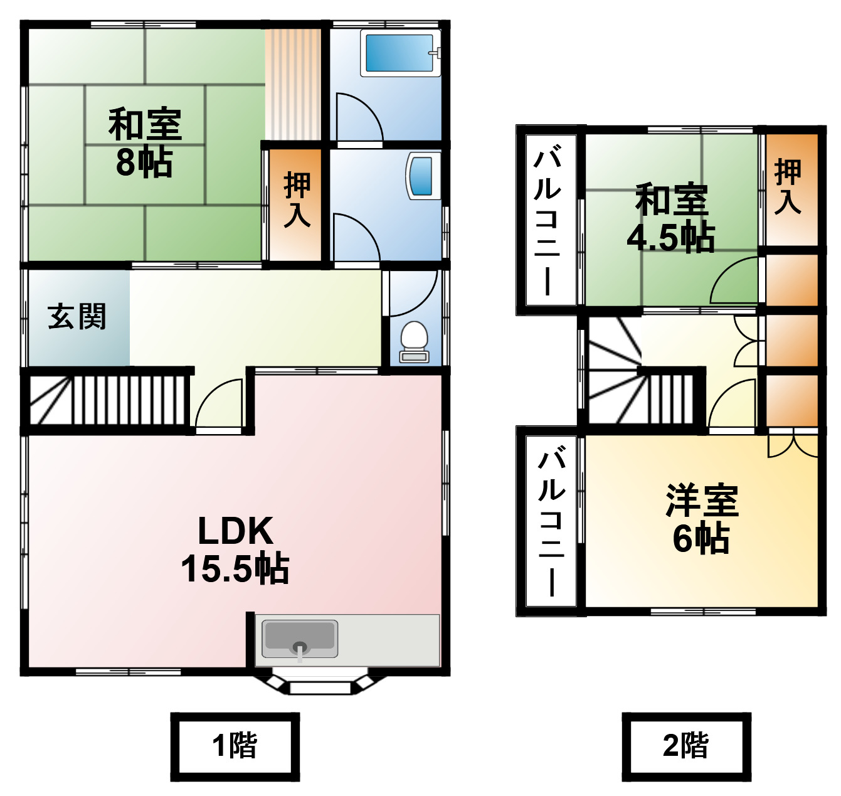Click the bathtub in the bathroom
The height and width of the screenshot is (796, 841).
(x=399, y=54)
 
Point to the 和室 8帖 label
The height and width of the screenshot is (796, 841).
(x=145, y=143)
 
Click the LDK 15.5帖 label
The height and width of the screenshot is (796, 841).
(x=235, y=550)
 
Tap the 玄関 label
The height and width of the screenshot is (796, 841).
(x=77, y=317)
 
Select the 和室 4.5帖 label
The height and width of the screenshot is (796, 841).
(x=671, y=218)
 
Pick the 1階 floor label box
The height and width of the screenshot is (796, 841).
(x=235, y=746)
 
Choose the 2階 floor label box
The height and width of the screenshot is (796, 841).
(x=686, y=746)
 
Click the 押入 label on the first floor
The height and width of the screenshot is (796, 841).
(x=297, y=199)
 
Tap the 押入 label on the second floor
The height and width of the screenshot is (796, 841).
(x=788, y=187)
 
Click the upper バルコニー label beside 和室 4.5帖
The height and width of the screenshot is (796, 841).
(x=547, y=220)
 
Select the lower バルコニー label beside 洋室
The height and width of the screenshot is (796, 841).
(x=551, y=521)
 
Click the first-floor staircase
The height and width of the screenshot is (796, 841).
(x=107, y=400)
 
